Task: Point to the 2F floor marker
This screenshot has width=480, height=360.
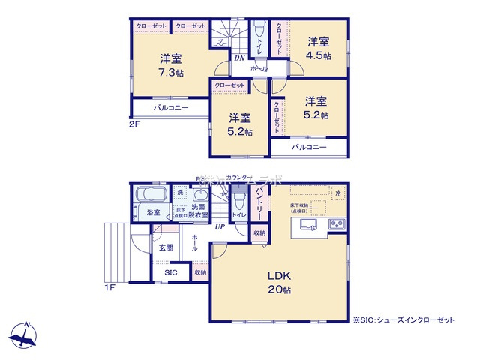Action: (x=133, y=124)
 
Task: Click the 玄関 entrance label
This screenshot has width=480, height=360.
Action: (x=165, y=247)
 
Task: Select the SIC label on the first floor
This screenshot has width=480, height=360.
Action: (x=170, y=272)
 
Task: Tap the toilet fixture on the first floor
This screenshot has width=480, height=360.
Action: (x=239, y=201)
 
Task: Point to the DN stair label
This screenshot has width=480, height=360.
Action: (x=238, y=58)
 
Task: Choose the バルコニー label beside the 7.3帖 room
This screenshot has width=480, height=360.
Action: (x=170, y=107)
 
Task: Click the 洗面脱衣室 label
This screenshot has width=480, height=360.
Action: (x=199, y=210)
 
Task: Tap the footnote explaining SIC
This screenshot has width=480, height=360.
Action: (x=403, y=319)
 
